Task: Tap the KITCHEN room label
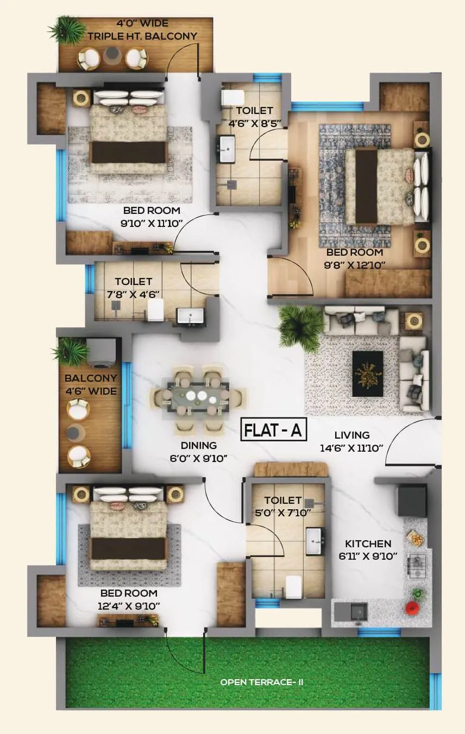(368, 543)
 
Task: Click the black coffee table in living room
(368, 373)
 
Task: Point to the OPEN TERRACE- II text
(261, 682)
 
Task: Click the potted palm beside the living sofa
(300, 327)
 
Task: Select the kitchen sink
(358, 611)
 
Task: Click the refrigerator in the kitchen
(412, 500)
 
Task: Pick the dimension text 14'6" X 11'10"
(351, 448)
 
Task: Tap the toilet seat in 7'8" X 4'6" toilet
(156, 311)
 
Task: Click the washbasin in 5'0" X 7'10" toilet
(315, 541)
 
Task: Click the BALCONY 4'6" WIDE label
(91, 384)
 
